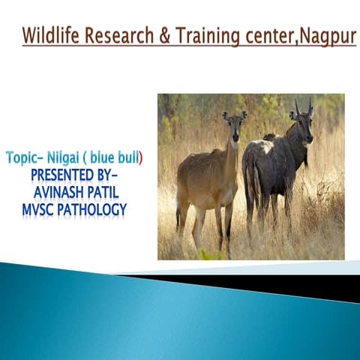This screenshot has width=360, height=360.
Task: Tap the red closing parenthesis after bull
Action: pyautogui.click(x=141, y=158)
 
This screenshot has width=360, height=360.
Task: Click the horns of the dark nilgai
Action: pyautogui.click(x=302, y=106)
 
